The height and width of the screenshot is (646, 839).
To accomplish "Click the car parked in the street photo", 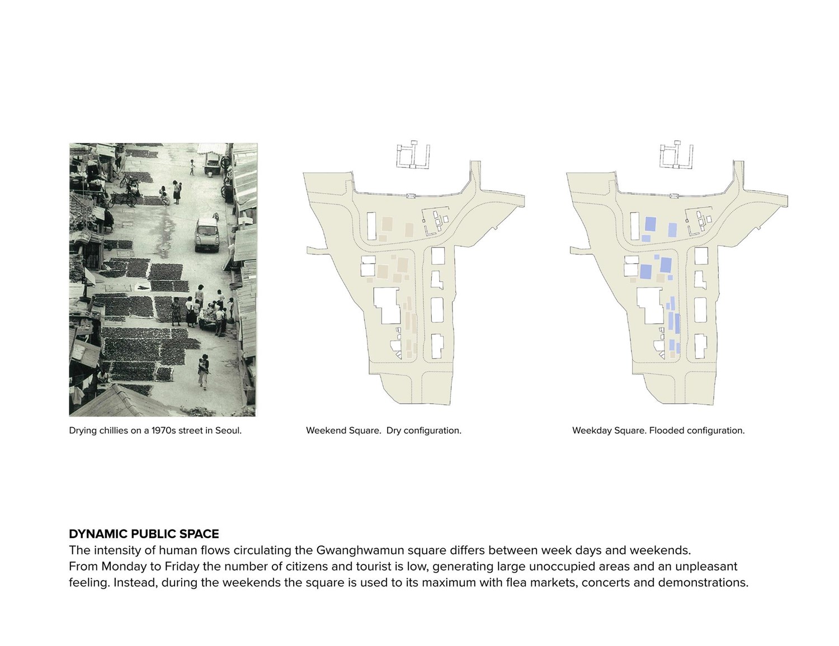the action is click(x=206, y=235).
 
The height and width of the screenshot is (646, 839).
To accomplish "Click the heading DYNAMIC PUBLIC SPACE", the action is click(x=144, y=533).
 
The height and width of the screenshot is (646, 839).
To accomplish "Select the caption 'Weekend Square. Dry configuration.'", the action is click(x=383, y=430).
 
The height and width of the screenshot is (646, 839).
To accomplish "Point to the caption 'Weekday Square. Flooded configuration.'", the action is click(x=658, y=430).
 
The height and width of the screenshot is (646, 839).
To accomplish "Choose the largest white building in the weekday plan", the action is click(x=650, y=305).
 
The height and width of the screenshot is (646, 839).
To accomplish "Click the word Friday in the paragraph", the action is click(x=182, y=567).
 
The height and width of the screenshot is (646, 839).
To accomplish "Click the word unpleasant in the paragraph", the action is click(x=706, y=567).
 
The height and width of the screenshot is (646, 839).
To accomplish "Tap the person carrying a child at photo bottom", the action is click(x=204, y=371).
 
